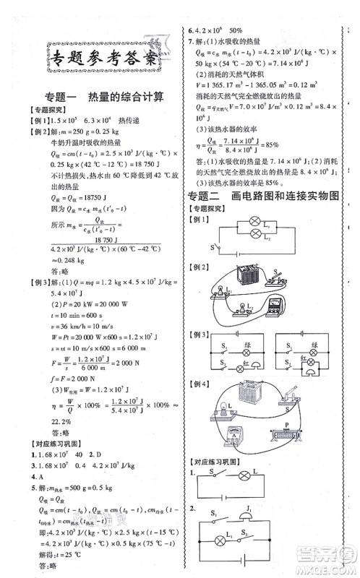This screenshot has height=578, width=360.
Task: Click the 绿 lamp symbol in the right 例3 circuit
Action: [x=312, y=345]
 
